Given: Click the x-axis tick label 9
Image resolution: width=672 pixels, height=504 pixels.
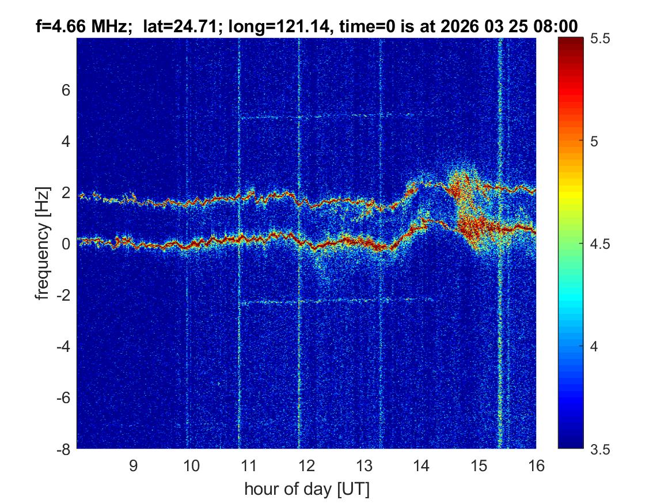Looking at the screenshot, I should click(134, 465).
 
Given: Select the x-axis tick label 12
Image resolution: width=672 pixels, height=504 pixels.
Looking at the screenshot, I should click(306, 465).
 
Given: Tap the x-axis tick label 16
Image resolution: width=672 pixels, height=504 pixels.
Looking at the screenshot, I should click(536, 465).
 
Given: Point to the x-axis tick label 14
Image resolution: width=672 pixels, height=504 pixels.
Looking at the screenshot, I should click(422, 465).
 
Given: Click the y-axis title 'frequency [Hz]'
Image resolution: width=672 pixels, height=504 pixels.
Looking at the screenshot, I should click(42, 244).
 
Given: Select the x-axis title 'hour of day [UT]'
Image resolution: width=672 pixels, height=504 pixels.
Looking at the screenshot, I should click(306, 490).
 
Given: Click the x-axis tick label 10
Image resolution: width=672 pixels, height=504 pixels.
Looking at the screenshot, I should click(191, 465).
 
